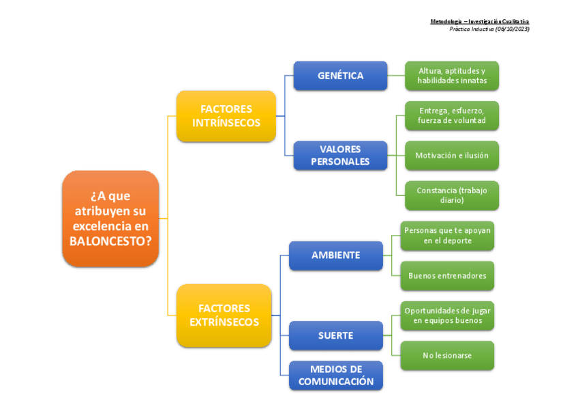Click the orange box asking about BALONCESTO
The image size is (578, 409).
[110, 218]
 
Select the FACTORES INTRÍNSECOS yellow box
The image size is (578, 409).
[226, 116]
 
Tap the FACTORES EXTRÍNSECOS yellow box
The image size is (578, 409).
[224, 315]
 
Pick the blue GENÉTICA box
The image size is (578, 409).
[340, 76]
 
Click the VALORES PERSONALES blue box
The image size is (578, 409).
[340, 156]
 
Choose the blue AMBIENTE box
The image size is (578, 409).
[335, 255]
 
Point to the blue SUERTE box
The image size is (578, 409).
[335, 335]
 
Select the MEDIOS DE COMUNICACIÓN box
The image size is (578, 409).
[335, 376]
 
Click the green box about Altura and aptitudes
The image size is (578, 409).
[452, 76]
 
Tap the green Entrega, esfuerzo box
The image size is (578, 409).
[452, 116]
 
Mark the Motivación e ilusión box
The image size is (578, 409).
[452, 156]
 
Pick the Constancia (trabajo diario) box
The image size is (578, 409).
[452, 195]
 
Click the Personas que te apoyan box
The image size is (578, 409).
[447, 236]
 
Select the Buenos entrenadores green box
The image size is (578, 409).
[447, 276]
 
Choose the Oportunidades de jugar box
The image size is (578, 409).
[447, 315]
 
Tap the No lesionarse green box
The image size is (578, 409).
[447, 356]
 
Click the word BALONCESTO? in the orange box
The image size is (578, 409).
[110, 241]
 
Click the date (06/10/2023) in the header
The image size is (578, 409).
[512, 29]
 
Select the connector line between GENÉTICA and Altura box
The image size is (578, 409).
[396, 76]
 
